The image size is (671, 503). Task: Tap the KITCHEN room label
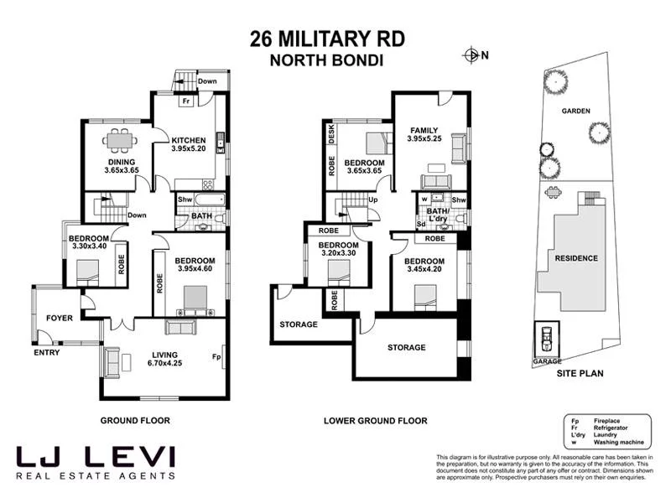click(189, 140)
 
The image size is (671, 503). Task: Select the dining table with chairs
click(117, 141)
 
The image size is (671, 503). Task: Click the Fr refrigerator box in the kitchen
click(185, 101)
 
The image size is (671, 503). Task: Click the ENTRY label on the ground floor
click(46, 353)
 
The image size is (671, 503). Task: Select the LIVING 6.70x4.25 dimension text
click(164, 364)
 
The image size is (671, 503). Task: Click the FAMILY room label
click(424, 130)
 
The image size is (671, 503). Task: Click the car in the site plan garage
click(547, 339)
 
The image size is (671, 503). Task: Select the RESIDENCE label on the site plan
click(575, 258)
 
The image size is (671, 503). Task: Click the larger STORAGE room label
click(406, 347)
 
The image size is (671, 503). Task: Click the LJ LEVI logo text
click(96, 457)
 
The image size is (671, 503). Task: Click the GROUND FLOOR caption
click(135, 421)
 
